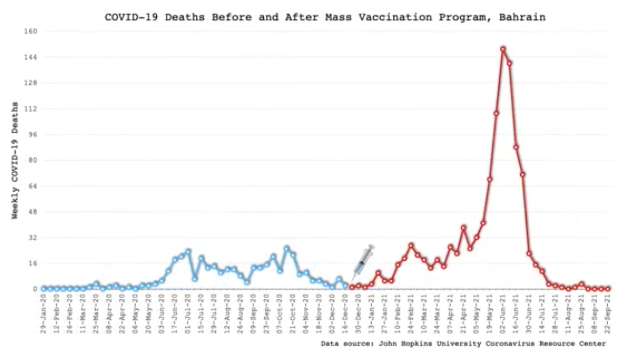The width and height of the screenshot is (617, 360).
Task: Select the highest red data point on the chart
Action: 502,49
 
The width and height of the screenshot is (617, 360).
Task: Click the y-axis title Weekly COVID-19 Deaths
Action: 15,160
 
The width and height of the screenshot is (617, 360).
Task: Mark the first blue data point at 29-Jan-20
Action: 44,289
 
